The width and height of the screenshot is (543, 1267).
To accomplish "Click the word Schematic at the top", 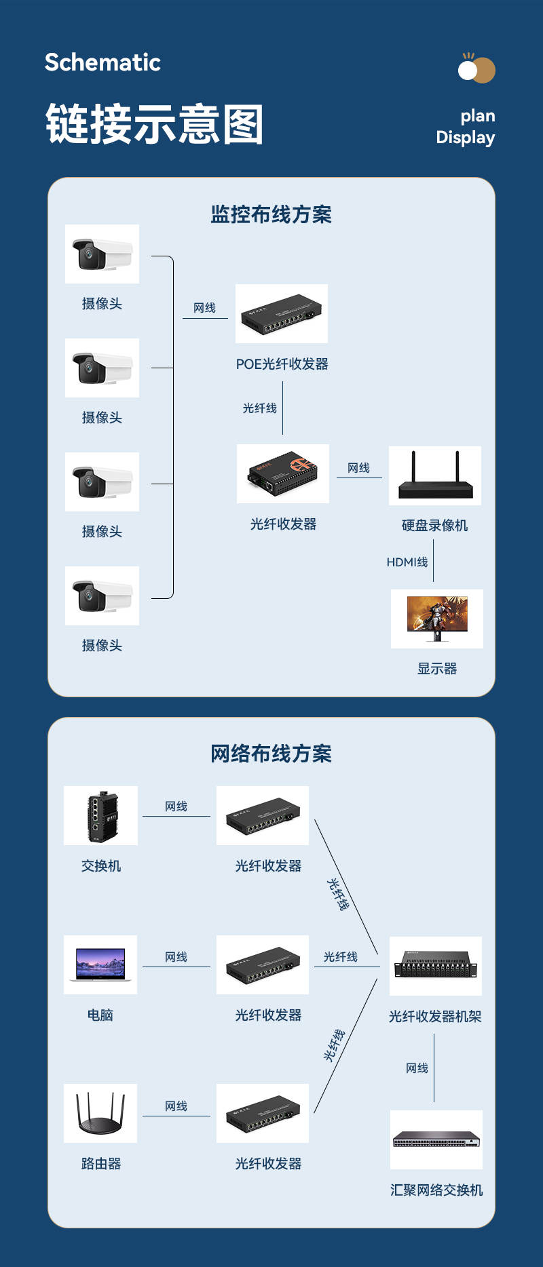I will point(102,62).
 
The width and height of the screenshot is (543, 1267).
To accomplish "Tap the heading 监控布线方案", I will point(271,214).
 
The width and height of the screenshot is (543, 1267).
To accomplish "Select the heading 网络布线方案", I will point(271,754).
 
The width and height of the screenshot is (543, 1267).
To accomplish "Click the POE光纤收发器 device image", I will point(282,314).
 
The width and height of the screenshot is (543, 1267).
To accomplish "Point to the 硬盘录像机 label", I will point(434,525).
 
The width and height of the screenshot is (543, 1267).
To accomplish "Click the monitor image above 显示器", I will point(437,619).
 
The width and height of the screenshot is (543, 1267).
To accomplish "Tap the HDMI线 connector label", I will point(407,562).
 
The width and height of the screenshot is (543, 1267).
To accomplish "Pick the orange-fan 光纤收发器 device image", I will point(283,473).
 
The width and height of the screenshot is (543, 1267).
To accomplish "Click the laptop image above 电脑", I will point(100,964).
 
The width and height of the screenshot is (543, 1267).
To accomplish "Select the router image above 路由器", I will point(100,1114).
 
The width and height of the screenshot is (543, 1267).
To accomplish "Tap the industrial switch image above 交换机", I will point(101,815).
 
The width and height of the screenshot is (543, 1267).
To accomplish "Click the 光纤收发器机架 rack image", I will point(436,966).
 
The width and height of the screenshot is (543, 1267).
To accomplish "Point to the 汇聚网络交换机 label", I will point(436,1190).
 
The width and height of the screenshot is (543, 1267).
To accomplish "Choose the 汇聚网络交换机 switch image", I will point(436,1139).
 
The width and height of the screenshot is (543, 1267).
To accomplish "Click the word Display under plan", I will point(465,138).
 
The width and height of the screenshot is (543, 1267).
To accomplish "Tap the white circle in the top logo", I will point(468,70).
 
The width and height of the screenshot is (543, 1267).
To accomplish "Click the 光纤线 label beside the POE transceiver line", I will point(260,408).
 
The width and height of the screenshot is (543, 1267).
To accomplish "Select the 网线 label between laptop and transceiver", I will point(176,957).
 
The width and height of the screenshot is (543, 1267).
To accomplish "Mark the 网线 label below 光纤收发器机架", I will point(417,1068).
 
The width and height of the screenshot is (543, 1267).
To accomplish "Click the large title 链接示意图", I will point(154,124).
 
